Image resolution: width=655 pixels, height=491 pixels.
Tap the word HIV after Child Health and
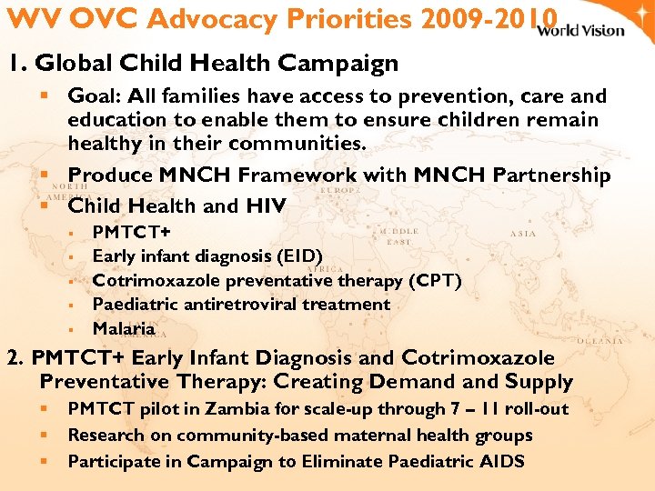266,206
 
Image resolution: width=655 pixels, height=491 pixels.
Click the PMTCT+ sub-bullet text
132,233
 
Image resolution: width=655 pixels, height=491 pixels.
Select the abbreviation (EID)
297,256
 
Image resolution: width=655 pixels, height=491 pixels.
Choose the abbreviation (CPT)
433,280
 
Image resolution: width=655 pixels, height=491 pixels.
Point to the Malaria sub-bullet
124,328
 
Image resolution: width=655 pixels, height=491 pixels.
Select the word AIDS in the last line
499,461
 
